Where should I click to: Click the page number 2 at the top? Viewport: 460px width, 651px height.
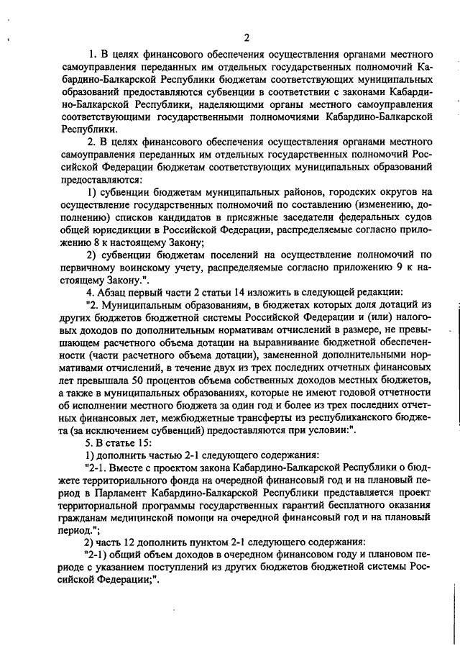pyautogui.click(x=246, y=37)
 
